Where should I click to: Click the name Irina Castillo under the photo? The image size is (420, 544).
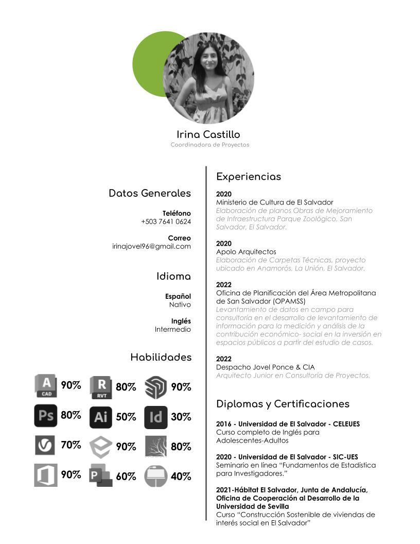pos(208,134)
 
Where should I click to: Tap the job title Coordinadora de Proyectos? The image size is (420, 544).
pos(209,145)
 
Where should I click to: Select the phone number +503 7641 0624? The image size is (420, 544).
pos(166,222)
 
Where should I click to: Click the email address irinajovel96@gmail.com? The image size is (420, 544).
pos(151,246)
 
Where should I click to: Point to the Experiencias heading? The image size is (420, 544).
pos(249,177)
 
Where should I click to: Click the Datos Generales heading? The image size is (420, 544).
pos(149,193)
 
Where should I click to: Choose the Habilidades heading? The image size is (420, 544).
pos(161,357)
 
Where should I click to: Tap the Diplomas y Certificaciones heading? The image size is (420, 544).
pos(283,404)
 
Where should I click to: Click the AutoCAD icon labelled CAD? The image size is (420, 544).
pos(46,386)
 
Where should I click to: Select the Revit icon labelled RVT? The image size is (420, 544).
pos(101,387)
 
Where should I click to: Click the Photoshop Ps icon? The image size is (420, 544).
pos(46,416)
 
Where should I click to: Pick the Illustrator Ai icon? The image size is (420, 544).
pos(100,417)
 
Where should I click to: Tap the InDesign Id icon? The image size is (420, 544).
pos(155,417)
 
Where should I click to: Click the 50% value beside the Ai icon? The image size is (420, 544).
pos(126,417)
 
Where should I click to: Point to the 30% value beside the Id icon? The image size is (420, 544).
pos(181,417)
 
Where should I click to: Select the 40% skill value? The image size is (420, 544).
pos(181,477)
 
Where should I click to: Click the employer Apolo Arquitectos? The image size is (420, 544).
pos(246,251)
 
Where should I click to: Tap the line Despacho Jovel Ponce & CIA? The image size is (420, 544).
pos(265,367)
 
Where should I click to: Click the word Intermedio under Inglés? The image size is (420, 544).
pos(172,329)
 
